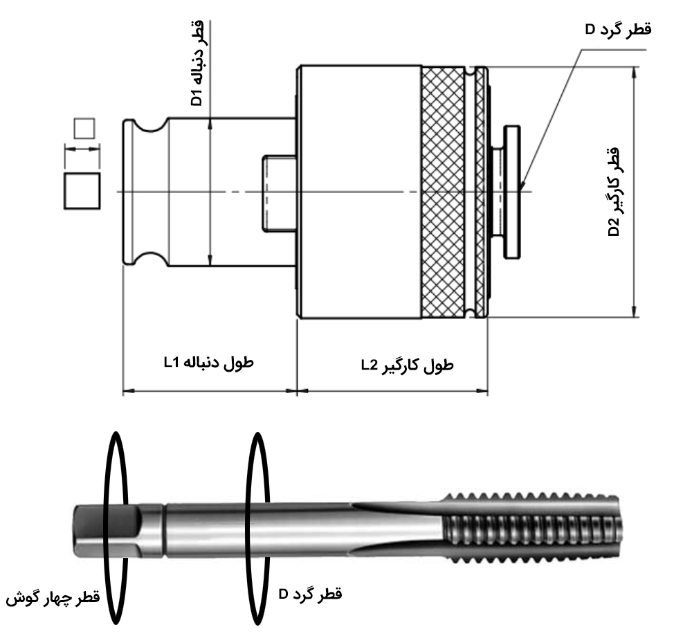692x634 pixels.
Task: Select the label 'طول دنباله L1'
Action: (x=208, y=362)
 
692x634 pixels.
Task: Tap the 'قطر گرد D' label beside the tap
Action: (x=310, y=594)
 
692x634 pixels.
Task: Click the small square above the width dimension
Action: (x=83, y=128)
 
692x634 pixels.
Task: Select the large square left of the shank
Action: (x=82, y=190)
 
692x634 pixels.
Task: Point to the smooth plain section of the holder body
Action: (x=360, y=138)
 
